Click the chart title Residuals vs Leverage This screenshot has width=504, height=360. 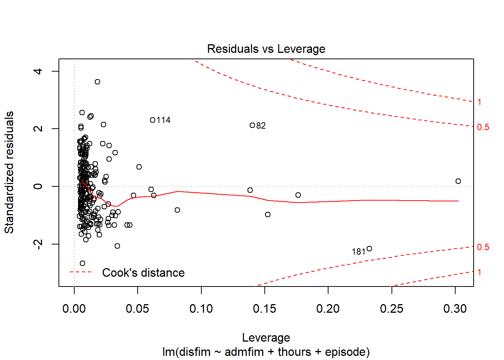(x=266, y=49)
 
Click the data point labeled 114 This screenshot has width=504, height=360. (x=153, y=120)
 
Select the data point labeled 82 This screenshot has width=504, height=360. (x=252, y=125)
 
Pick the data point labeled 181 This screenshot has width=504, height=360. (x=369, y=249)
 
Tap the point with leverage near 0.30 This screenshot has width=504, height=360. (x=458, y=181)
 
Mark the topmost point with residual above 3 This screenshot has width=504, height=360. (x=97, y=82)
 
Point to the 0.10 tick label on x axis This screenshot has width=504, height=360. (x=201, y=309)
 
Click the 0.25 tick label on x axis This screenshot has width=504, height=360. (x=391, y=309)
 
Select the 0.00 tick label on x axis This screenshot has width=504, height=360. (x=74, y=309)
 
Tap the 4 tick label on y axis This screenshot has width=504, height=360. (x=38, y=71)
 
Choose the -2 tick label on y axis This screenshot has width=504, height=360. (x=38, y=244)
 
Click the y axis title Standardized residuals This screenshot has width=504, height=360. (x=9, y=172)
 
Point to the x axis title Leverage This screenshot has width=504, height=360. (x=266, y=337)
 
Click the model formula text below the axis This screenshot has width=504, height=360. (x=266, y=352)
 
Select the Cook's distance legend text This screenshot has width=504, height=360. (x=143, y=273)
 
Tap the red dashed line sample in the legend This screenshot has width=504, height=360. (x=81, y=272)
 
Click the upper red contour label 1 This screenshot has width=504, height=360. (x=479, y=102)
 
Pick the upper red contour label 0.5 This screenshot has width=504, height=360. (x=483, y=127)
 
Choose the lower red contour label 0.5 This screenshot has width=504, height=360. (x=483, y=247)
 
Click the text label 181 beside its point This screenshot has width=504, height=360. (x=358, y=252)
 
